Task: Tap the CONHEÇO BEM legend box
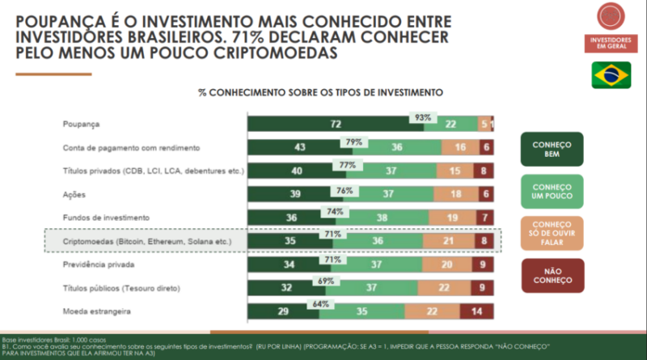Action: click(552, 149)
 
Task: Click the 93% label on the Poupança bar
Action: click(423, 117)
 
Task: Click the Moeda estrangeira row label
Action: click(96, 311)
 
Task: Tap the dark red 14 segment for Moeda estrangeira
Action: click(476, 311)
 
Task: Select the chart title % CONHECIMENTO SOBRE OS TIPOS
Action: click(321, 92)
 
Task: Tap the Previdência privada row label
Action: click(96, 265)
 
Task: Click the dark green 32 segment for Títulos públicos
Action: click(286, 288)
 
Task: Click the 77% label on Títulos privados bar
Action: click(348, 164)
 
